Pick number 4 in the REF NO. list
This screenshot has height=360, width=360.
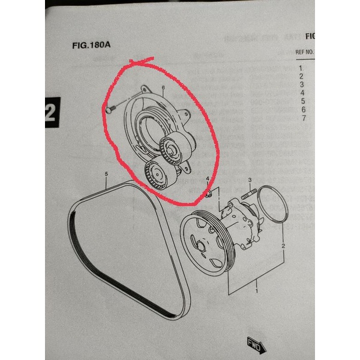click(302, 93)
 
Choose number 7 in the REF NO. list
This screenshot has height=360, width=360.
click(304, 118)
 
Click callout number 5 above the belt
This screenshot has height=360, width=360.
click(106, 175)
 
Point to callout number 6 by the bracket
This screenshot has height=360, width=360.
click(163, 89)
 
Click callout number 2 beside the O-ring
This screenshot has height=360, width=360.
click(283, 247)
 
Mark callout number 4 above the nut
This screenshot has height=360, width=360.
click(207, 179)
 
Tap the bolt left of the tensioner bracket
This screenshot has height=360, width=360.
click(111, 109)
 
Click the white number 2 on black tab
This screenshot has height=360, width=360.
click(52, 112)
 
